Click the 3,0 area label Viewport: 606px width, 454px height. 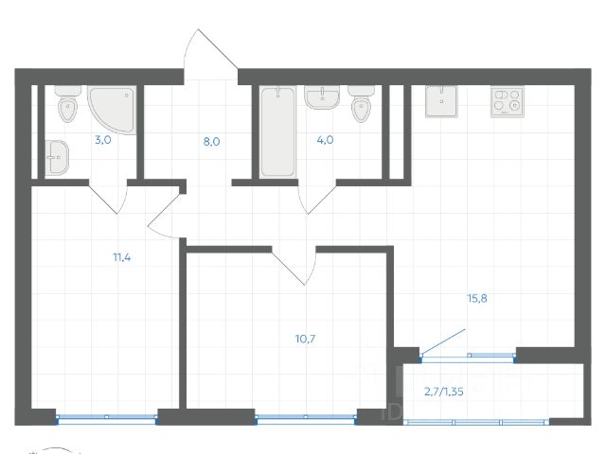coord(103,140)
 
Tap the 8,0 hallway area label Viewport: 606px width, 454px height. coord(211,142)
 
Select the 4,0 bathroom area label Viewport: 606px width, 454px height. coord(325,140)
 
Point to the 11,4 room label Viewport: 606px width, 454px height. coord(122,257)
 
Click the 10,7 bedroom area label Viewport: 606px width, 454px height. coord(305,339)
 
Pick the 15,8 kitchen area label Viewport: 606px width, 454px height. coord(477,299)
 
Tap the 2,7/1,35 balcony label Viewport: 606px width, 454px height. coord(444,392)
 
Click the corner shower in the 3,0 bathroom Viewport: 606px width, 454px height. coord(112,110)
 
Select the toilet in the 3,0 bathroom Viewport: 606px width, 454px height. coord(67,103)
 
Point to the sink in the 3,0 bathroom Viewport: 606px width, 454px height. coord(57,157)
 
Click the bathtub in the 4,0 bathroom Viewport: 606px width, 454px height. coord(277,132)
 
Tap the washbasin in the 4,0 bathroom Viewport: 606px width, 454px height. coord(322,96)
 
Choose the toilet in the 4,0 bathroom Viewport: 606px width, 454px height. coord(362,103)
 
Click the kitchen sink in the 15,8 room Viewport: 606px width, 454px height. coord(441,101)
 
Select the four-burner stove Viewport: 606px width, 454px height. coord(508,102)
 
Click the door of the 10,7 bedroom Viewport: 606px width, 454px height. coord(294,266)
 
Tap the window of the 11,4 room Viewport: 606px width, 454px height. coord(107,418)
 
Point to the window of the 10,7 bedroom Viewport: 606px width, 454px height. coord(306,418)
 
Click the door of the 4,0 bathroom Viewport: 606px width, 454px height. coord(317,197)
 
